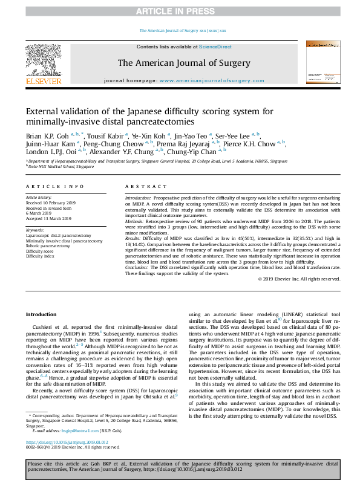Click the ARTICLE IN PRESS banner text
(180, 11)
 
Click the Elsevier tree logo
(43, 59)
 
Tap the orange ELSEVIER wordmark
(43, 81)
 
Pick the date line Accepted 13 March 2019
(48, 218)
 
